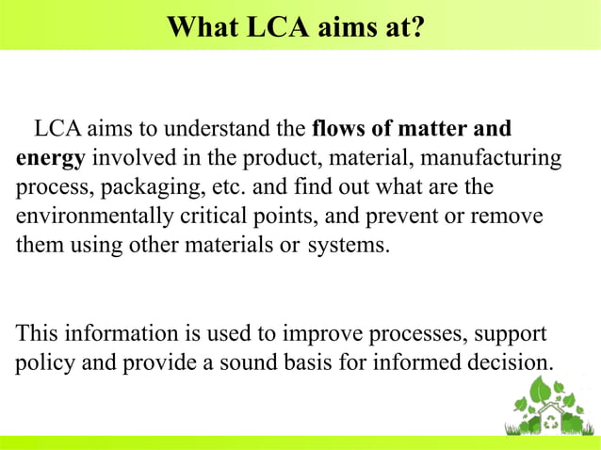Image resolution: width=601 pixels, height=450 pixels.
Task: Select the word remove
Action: click(x=511, y=216)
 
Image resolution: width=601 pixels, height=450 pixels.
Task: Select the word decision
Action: click(x=513, y=362)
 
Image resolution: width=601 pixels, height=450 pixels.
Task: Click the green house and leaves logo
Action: click(x=549, y=405)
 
